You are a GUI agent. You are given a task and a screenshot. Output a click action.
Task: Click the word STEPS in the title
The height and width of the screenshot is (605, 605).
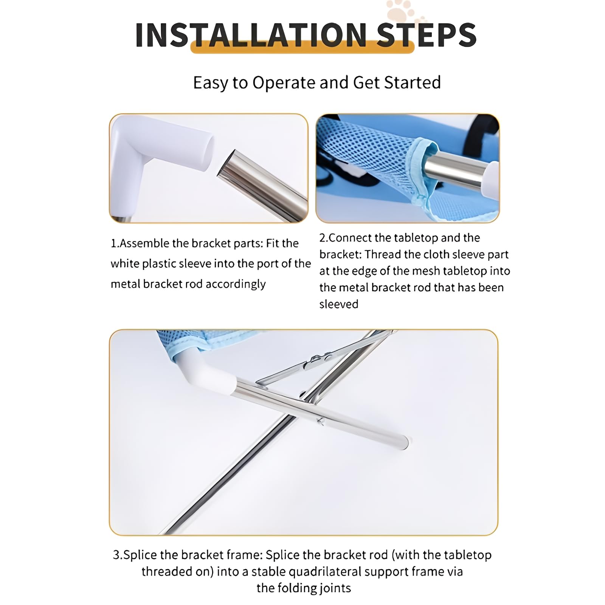426,35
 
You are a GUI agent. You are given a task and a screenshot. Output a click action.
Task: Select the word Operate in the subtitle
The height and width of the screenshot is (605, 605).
284,83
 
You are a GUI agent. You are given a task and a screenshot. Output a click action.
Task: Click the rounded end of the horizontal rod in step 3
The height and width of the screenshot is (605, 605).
404,442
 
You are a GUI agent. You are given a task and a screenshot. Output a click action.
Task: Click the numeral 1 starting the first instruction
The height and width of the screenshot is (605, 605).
113,244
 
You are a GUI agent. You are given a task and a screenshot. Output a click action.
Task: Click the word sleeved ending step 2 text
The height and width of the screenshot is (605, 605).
339,304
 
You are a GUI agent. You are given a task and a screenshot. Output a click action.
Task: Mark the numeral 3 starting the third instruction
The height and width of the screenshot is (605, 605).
116,555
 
